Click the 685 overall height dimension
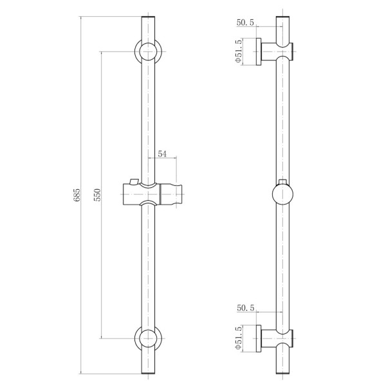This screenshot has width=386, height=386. tap(77, 195)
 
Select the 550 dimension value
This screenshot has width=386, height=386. tap(97, 195)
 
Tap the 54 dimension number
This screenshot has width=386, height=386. tap(162, 154)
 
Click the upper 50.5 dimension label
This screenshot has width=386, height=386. tap(245, 23)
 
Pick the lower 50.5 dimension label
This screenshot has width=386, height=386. tap(245, 308)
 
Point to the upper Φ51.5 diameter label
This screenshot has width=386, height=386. tap(239, 51)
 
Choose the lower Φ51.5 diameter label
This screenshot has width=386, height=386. tap(239, 338)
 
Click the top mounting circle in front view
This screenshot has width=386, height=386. tap(148, 51)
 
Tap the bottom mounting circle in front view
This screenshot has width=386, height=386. tap(148, 338)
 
